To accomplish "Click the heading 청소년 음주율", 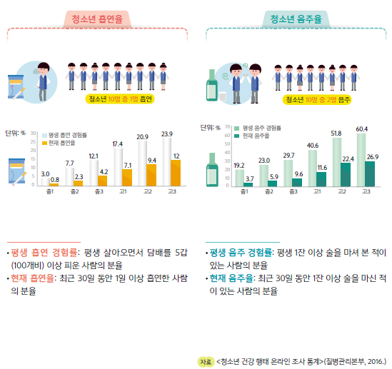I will (x=296, y=19).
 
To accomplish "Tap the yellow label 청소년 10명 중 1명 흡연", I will (x=119, y=98).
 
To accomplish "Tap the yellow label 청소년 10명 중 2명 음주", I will (x=316, y=98).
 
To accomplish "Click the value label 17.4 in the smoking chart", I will (x=118, y=144).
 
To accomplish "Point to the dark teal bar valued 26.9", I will (x=370, y=173).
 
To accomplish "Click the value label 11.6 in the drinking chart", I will (x=321, y=166).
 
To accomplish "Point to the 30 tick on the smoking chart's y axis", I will (x=34, y=133).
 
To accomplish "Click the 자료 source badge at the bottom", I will (x=206, y=361).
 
